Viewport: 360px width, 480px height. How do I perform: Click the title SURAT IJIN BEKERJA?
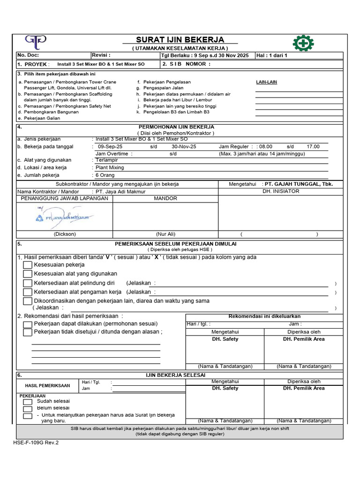[x=180, y=40]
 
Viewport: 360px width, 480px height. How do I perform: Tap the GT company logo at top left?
[x=36, y=42]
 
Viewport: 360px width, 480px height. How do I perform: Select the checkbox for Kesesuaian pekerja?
[x=28, y=265]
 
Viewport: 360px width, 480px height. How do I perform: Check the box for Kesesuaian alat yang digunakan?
[x=28, y=274]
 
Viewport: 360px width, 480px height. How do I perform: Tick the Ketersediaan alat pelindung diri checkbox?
[x=28, y=283]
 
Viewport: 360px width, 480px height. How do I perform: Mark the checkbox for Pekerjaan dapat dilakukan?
[x=28, y=324]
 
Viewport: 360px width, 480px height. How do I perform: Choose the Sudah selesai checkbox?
[x=28, y=402]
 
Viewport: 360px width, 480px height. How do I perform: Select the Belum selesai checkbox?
[x=28, y=409]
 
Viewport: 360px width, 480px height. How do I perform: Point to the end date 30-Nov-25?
[x=184, y=147]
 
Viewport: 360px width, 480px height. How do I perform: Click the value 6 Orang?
[x=105, y=175]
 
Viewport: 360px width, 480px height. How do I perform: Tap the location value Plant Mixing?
[x=110, y=167]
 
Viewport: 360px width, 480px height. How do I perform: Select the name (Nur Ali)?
[x=165, y=234]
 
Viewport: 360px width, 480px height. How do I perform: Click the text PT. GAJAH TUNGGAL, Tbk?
[x=299, y=184]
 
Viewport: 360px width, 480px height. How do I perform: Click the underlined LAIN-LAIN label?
[x=266, y=82]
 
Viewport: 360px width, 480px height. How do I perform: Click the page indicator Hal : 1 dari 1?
[x=272, y=55]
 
